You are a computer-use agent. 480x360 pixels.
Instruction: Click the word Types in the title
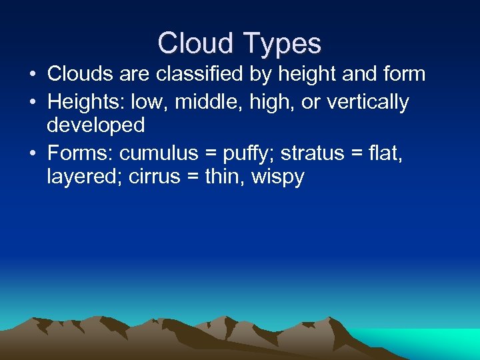click(x=282, y=44)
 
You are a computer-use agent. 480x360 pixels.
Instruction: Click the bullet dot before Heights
click(x=33, y=103)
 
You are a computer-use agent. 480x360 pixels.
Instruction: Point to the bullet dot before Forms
click(x=33, y=153)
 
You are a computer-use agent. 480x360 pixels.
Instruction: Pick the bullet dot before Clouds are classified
click(x=33, y=74)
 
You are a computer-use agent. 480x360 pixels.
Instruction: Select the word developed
click(x=95, y=125)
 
